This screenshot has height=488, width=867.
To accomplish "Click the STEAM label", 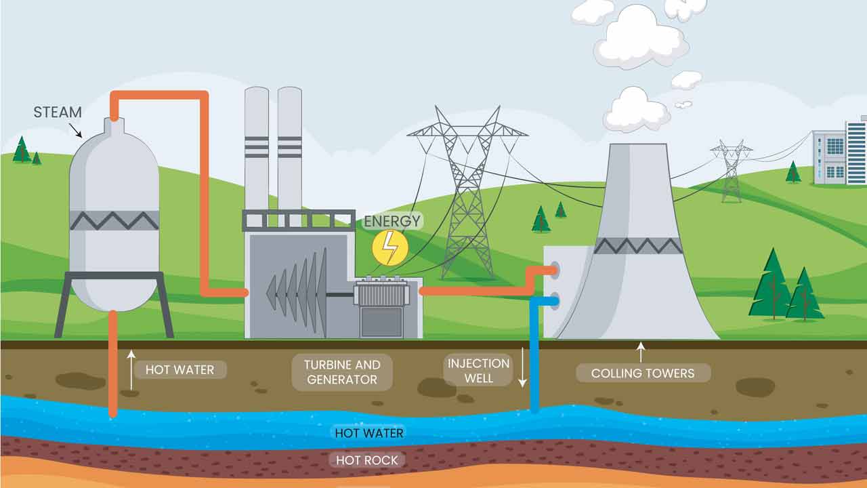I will (x=58, y=112).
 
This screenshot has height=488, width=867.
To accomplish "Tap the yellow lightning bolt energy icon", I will (x=390, y=247).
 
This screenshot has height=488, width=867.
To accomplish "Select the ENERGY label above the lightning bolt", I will (x=392, y=221).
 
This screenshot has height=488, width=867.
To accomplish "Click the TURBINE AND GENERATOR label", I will (x=342, y=372).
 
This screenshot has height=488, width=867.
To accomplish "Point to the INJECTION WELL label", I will (x=478, y=371).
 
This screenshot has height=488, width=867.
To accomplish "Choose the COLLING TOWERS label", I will (x=643, y=373).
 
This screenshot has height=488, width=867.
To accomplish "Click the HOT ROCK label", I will (x=367, y=460).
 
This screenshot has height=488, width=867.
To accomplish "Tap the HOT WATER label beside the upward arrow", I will (x=179, y=369).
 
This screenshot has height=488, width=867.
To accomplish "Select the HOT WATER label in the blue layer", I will (x=369, y=433).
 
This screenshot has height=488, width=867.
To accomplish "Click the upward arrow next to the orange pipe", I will (x=131, y=369).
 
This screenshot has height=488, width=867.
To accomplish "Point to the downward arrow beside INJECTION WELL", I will (x=522, y=368).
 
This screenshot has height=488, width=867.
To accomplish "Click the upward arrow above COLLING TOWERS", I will (x=641, y=352).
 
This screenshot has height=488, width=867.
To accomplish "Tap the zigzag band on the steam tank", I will (x=114, y=220).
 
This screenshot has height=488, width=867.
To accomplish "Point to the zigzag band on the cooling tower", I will (x=638, y=245).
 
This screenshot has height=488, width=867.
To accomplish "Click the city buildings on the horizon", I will (x=840, y=152).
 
